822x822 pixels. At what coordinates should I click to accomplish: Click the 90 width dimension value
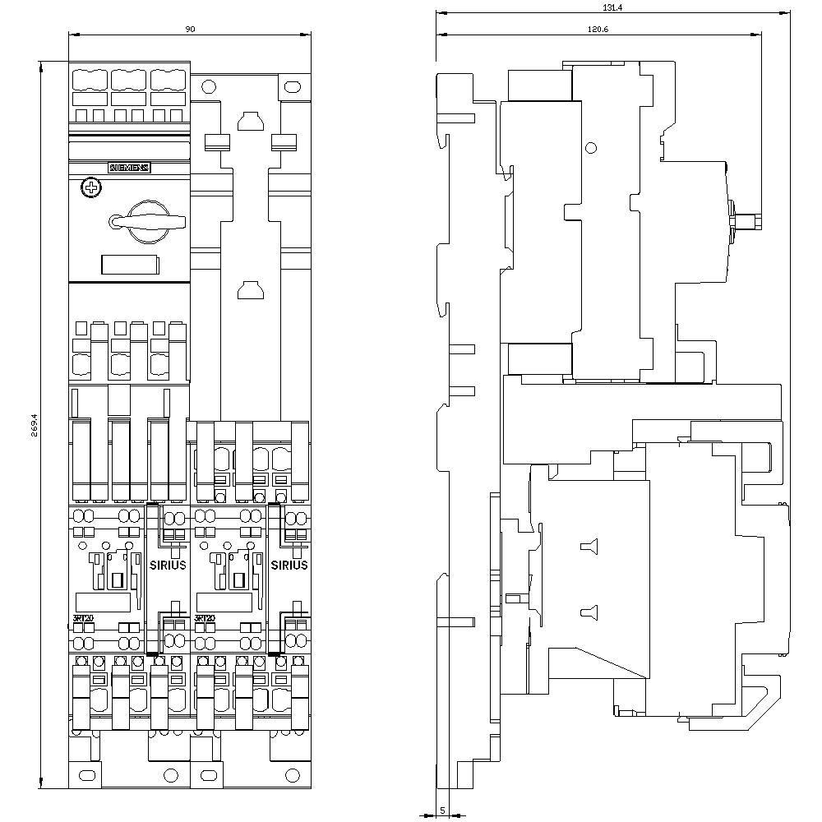coord(190,29)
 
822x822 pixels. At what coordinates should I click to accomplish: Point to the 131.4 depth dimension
coord(612,7)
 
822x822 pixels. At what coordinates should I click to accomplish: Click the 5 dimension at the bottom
coord(442,810)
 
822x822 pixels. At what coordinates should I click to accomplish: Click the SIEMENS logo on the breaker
coord(130,168)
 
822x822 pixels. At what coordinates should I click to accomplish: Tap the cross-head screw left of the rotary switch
coord(90,189)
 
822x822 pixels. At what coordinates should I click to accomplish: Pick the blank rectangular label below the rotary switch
coord(130,264)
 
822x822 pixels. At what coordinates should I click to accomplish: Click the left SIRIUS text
coord(168,565)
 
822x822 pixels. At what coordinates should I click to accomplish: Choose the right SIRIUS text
coord(289,565)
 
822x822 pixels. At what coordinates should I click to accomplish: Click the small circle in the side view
coord(590,148)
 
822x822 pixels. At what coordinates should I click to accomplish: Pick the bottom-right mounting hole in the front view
coord(293,775)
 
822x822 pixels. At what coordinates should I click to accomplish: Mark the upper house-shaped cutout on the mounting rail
coord(249,122)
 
